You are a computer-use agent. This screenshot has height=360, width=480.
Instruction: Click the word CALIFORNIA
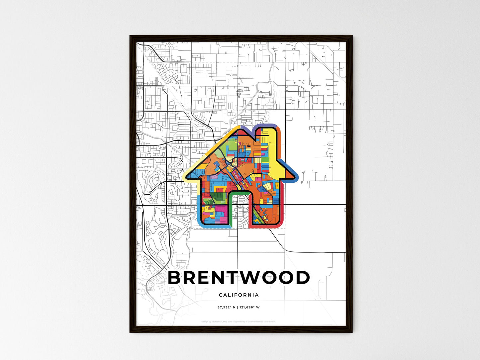[x=239, y=295]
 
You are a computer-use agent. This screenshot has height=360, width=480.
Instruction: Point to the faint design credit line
[x=239, y=321]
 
